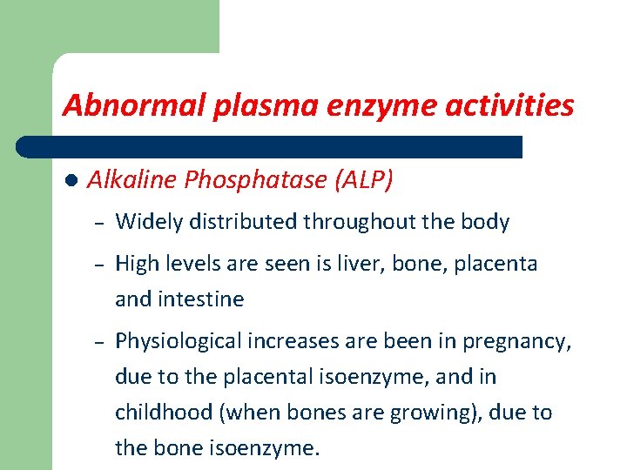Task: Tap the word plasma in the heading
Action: tap(245, 106)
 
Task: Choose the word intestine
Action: tap(201, 299)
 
